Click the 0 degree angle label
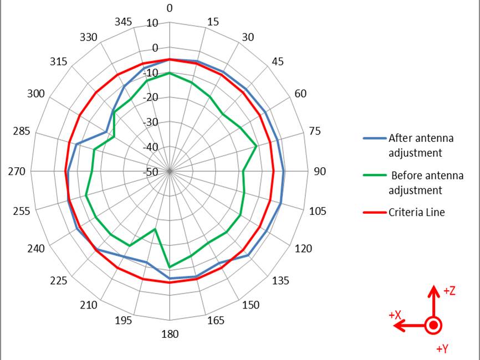pyautogui.click(x=170, y=8)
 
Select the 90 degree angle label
pyautogui.click(x=320, y=172)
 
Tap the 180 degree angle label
pyautogui.click(x=170, y=334)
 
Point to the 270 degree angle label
pyautogui.click(x=17, y=172)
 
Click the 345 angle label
pyautogui.click(x=124, y=22)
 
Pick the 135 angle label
pyautogui.click(x=280, y=281)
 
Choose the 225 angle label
pyautogui.click(x=59, y=281)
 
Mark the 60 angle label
pyautogui.click(x=300, y=94)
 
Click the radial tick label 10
pyautogui.click(x=152, y=23)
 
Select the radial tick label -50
pyautogui.click(x=151, y=172)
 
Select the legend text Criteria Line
pyautogui.click(x=417, y=212)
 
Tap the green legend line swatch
pyautogui.click(x=374, y=176)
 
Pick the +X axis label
pyautogui.click(x=395, y=315)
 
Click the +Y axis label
pyautogui.click(x=442, y=349)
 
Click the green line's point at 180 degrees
pyautogui.click(x=170, y=267)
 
